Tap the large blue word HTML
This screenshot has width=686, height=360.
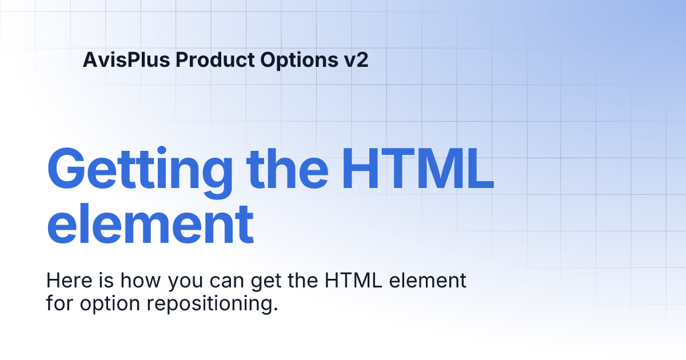tap(417, 170)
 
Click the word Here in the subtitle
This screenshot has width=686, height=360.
tap(65, 281)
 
